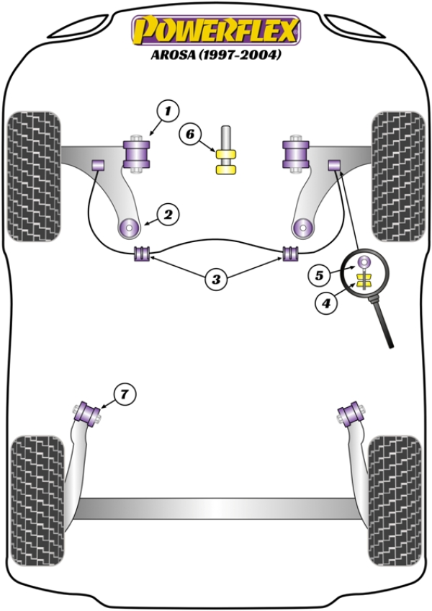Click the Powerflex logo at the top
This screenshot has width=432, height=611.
coord(215,31)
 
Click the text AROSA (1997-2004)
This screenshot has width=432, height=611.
coord(215,54)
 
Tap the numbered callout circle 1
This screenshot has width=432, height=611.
coord(168,111)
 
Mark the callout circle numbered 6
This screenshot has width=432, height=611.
coord(190,133)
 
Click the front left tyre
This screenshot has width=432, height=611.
coord(33,176)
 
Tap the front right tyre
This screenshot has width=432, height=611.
coord(397,176)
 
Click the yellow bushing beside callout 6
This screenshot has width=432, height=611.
coord(227,161)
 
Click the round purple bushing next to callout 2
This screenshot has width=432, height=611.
coord(130,228)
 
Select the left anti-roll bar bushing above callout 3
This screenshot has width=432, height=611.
coord(142,254)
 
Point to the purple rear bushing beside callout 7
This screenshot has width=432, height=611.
coord(90,414)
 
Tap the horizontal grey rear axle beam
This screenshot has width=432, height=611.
coord(216,507)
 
